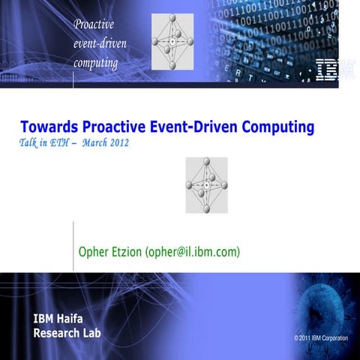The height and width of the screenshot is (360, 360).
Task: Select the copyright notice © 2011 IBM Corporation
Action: (x=321, y=339)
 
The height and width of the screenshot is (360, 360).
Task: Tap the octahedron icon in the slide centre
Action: (x=205, y=184)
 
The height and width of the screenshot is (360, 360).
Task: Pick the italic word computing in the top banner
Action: (x=95, y=62)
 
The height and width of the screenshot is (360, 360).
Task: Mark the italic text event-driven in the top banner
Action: (x=100, y=44)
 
